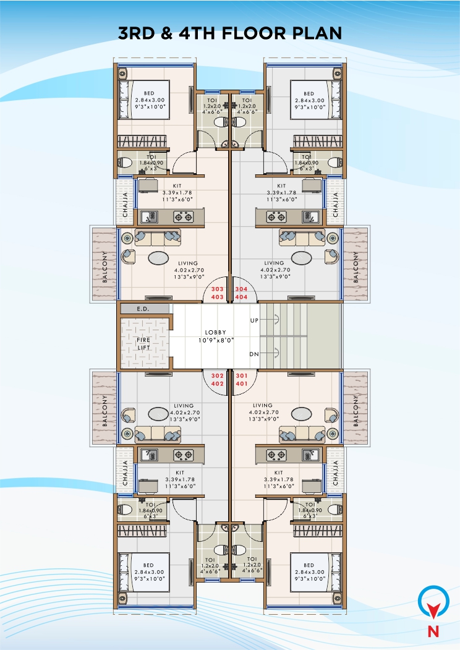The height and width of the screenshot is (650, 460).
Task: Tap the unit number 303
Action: tap(218, 289)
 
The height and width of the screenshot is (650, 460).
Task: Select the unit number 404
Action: tap(241, 297)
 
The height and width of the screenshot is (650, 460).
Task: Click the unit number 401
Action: tap(241, 383)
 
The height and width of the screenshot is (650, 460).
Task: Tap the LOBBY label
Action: tap(215, 332)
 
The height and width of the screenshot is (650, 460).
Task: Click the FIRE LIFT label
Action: tap(143, 343)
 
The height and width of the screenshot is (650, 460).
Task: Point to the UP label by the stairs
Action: tap(253, 321)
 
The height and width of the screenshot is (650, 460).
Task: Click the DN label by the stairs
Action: tap(253, 354)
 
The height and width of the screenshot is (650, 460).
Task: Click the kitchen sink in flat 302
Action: tap(149, 455)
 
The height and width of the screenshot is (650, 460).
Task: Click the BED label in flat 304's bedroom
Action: tap(309, 93)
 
